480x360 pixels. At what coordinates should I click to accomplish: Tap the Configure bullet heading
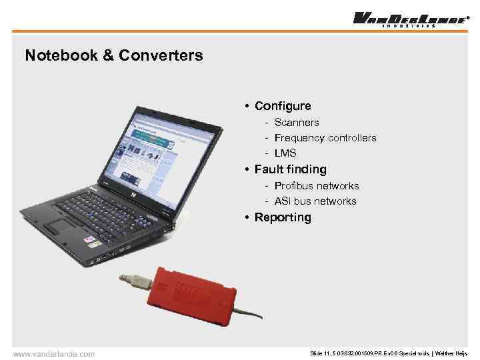283,106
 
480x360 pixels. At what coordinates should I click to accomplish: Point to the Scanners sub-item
297,123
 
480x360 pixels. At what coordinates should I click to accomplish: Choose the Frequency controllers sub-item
325,138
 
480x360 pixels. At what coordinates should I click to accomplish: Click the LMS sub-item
285,153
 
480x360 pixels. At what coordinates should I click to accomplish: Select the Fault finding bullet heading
291,169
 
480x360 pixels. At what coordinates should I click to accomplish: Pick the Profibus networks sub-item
317,186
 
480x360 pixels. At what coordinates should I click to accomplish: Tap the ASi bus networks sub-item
315,201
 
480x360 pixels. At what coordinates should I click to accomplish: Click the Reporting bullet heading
283,217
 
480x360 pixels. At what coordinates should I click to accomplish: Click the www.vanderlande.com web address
54,353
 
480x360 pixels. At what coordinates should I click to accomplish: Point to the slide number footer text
389,353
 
